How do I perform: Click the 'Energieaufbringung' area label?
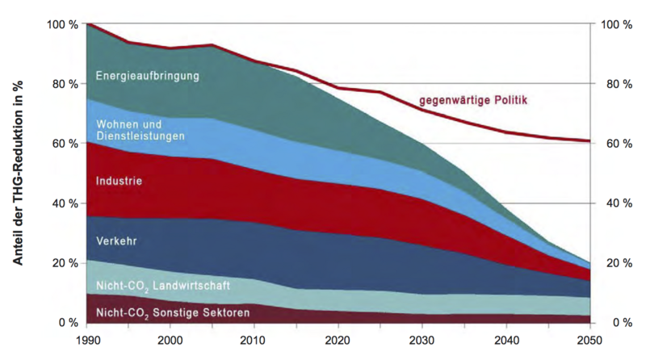pyautogui.click(x=147, y=77)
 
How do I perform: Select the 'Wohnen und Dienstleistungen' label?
pyautogui.click(x=141, y=130)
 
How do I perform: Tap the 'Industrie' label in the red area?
pyautogui.click(x=119, y=181)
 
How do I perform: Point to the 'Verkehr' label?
pyautogui.click(x=116, y=241)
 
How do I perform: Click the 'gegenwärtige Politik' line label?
pyautogui.click(x=473, y=101)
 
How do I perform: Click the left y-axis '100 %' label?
pyautogui.click(x=62, y=24)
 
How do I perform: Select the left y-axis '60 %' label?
pyautogui.click(x=65, y=144)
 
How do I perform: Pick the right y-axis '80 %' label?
pyautogui.click(x=618, y=84)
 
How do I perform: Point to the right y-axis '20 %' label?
pyautogui.click(x=618, y=263)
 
